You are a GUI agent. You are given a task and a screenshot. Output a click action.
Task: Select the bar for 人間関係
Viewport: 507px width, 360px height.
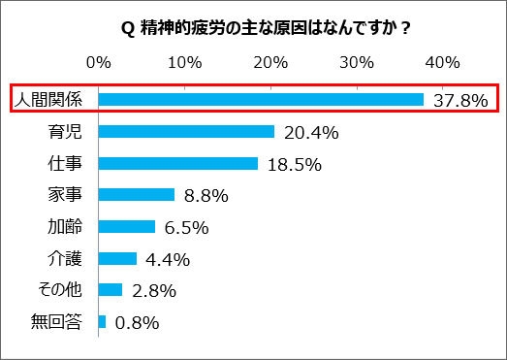tap(261, 99)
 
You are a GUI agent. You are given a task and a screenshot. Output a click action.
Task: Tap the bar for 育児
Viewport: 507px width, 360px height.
tap(186, 131)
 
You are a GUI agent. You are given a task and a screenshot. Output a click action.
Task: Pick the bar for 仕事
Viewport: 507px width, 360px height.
tap(177, 163)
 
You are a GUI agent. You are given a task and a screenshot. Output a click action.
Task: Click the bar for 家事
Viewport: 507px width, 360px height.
tap(136, 195)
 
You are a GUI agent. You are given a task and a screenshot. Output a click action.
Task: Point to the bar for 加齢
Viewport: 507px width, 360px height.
tap(126, 226)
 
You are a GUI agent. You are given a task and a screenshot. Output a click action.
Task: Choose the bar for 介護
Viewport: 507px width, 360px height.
tap(117, 258)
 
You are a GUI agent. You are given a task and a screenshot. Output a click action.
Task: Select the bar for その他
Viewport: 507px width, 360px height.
tap(110, 289)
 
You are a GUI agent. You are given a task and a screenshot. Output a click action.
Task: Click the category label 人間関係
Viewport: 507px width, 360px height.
tap(51, 99)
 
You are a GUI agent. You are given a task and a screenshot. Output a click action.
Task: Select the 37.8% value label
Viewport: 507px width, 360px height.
tap(459, 100)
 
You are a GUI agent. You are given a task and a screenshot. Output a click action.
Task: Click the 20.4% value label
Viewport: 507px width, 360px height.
tap(309, 132)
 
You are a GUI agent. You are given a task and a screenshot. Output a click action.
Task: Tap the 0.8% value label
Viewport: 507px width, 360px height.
tap(136, 322)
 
